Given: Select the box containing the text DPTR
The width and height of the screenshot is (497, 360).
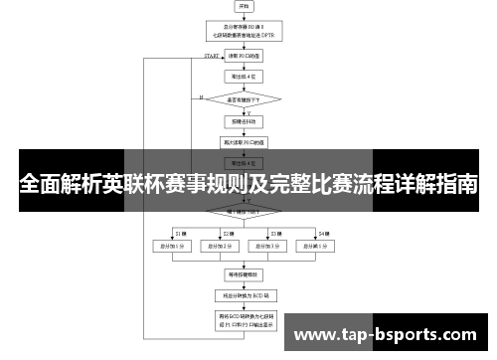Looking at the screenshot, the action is coord(245,30).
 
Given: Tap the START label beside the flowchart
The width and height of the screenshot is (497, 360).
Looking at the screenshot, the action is coord(212,57).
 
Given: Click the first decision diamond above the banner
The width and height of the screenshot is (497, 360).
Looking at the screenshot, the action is coord(245,98).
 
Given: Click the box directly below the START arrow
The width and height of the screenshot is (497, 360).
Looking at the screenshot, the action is coord(245,57).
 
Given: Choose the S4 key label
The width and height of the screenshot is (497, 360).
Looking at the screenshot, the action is coord(323,232).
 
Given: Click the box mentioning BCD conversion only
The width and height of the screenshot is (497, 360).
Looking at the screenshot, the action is coord(245,295).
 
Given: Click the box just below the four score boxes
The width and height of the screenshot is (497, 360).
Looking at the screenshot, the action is coord(245,271).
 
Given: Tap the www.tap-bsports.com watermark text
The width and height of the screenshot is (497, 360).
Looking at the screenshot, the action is coord(392,334).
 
